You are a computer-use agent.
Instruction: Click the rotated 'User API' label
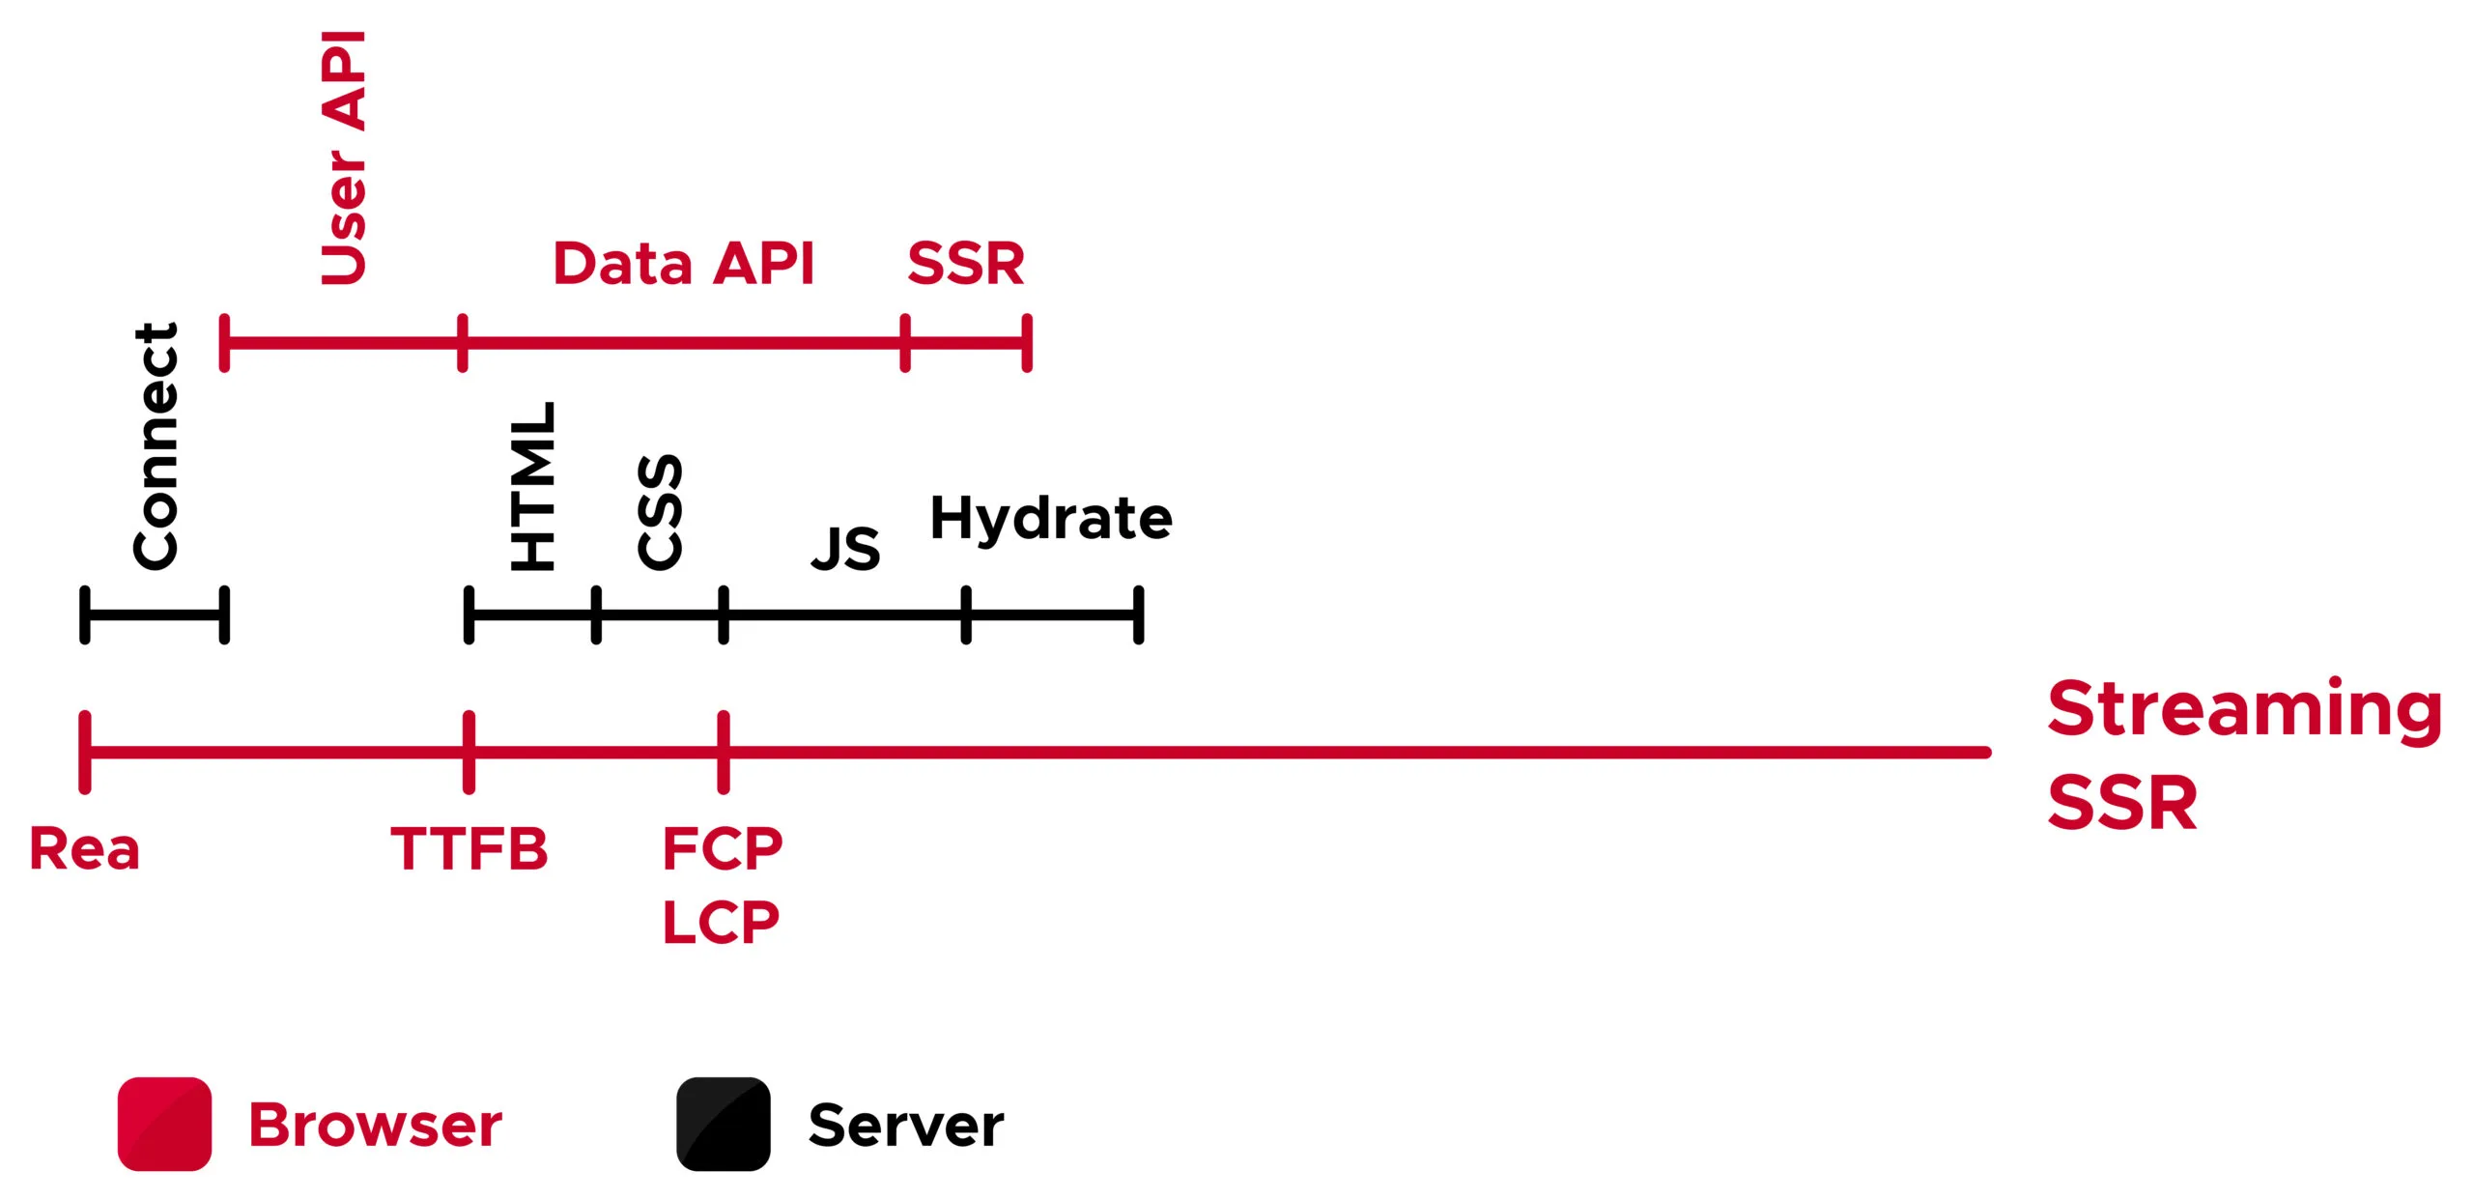click(x=343, y=157)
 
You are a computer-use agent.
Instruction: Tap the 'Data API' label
click(x=684, y=264)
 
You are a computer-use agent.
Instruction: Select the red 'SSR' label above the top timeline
click(x=965, y=264)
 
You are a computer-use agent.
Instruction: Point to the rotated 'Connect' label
click(x=156, y=446)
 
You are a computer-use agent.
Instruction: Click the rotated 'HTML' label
click(x=532, y=486)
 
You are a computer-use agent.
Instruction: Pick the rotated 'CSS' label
click(x=661, y=512)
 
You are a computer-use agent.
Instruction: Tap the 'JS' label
click(x=845, y=549)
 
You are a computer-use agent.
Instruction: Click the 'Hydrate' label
click(x=1051, y=519)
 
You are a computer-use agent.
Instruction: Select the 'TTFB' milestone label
click(x=469, y=849)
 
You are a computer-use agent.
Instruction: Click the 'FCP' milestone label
click(x=722, y=849)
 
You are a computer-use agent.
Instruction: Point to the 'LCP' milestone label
click(x=721, y=923)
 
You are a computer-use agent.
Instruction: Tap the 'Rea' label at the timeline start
click(x=85, y=849)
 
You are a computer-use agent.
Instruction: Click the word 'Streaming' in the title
click(x=2244, y=710)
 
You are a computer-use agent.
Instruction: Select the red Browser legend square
click(x=164, y=1124)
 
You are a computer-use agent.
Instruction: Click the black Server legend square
click(x=723, y=1124)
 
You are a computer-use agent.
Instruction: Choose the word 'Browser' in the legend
click(x=376, y=1126)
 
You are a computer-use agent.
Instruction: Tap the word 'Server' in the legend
click(x=906, y=1126)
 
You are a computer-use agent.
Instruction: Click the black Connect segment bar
click(x=155, y=614)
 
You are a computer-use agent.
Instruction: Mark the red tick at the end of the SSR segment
click(x=1027, y=343)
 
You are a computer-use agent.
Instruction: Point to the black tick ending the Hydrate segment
click(x=1139, y=614)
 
